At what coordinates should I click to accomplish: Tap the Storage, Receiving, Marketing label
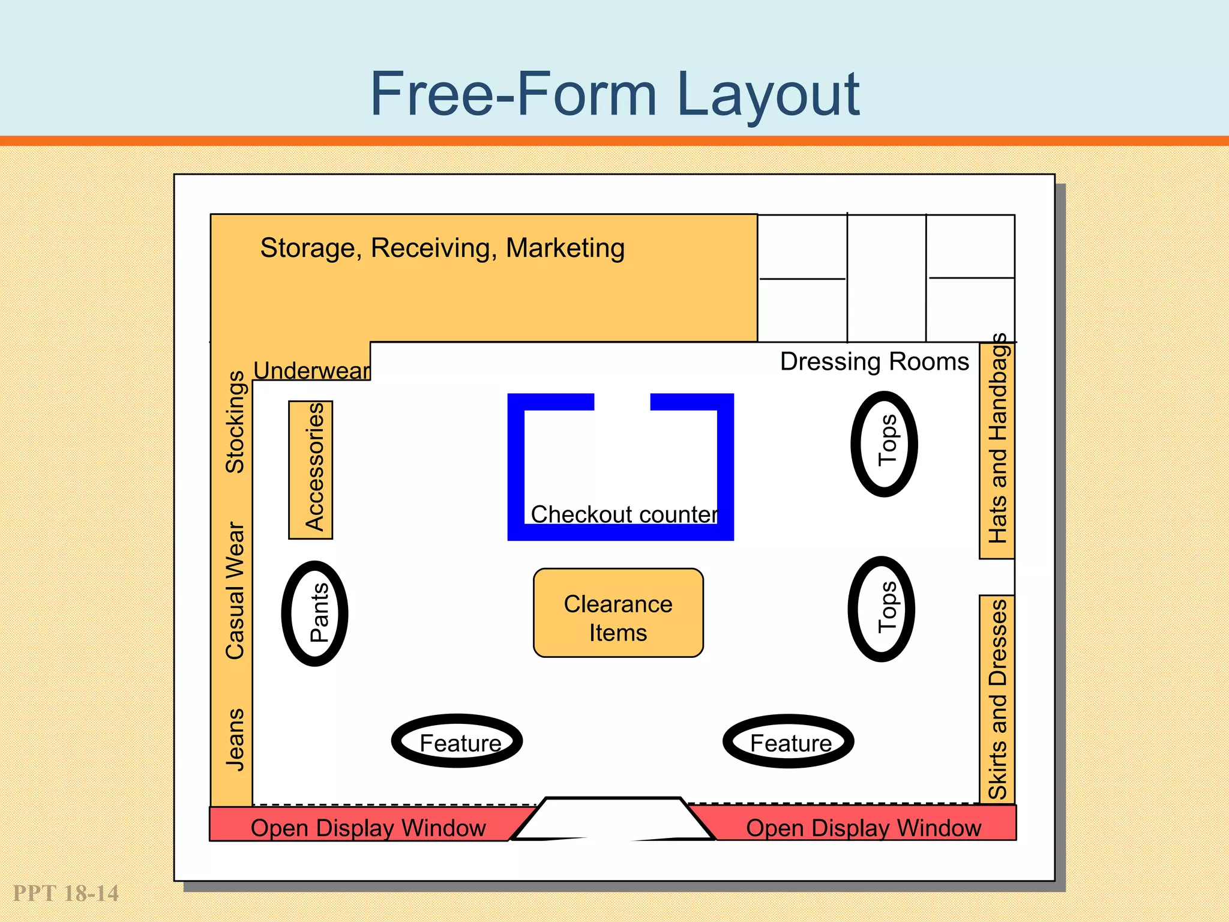tap(442, 248)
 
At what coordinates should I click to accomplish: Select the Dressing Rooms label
tap(874, 361)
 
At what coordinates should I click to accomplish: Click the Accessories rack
tap(311, 469)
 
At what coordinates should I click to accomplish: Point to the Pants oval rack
tap(315, 613)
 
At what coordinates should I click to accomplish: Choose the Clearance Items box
tap(618, 613)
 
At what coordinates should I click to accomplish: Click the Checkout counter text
tap(624, 514)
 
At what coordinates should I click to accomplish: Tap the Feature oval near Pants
tap(457, 741)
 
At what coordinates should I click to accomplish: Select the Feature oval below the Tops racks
tap(789, 741)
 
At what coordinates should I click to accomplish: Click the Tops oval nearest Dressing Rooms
tap(885, 444)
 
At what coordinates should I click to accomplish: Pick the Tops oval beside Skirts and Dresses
tap(882, 609)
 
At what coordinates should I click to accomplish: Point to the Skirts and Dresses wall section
tap(997, 699)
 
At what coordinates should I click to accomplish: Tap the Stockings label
tap(235, 421)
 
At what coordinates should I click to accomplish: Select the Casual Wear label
tap(235, 591)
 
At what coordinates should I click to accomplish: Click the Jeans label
tap(235, 740)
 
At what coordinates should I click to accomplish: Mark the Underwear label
tap(311, 370)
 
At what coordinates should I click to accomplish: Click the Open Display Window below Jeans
tap(367, 828)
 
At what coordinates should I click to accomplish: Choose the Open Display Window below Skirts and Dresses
tap(863, 828)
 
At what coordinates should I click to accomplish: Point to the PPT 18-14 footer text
tap(66, 893)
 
